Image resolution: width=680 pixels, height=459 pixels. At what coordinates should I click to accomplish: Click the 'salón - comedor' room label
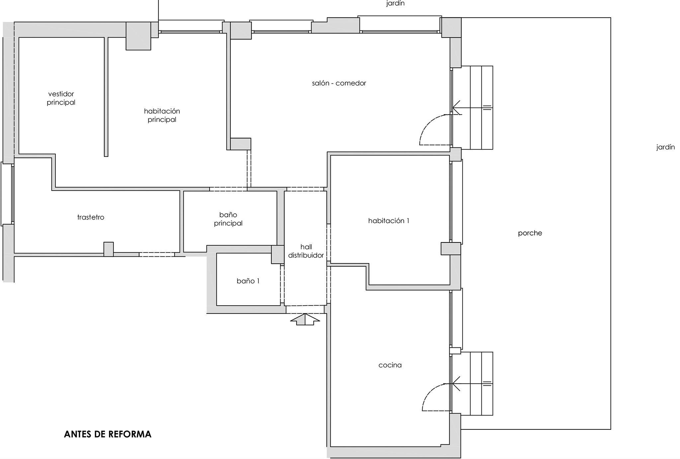tap(339, 83)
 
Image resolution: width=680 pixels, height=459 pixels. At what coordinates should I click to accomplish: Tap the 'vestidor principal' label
tap(61, 98)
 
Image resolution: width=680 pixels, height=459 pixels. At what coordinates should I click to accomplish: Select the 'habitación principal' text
tap(162, 115)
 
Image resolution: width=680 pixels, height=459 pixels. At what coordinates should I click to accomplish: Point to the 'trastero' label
tap(91, 217)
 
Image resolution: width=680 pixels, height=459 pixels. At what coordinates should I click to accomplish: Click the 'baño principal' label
tap(228, 219)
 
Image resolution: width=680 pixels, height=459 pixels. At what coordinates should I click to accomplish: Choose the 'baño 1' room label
tap(248, 281)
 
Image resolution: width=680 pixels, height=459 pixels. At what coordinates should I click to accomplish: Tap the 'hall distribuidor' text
tap(306, 251)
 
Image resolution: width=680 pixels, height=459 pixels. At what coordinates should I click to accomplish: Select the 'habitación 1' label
tap(388, 221)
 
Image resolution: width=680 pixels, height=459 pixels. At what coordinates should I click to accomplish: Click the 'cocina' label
tap(390, 365)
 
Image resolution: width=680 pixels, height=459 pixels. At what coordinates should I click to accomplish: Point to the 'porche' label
tap(530, 233)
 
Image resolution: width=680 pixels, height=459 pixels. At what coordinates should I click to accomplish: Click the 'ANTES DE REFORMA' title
tap(108, 434)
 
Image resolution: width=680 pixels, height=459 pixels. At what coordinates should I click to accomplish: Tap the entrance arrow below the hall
tap(305, 320)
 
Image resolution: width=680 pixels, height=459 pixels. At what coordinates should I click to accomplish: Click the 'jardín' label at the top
tap(395, 4)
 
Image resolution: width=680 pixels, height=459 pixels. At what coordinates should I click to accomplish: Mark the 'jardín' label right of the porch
tap(665, 147)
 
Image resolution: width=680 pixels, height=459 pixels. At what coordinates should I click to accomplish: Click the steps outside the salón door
tap(472, 108)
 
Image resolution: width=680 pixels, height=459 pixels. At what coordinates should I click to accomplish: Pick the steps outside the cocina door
tap(472, 384)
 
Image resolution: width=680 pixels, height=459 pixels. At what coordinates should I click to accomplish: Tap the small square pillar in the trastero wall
tap(109, 249)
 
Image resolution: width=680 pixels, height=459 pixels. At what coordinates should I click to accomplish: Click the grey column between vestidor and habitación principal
tap(138, 36)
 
